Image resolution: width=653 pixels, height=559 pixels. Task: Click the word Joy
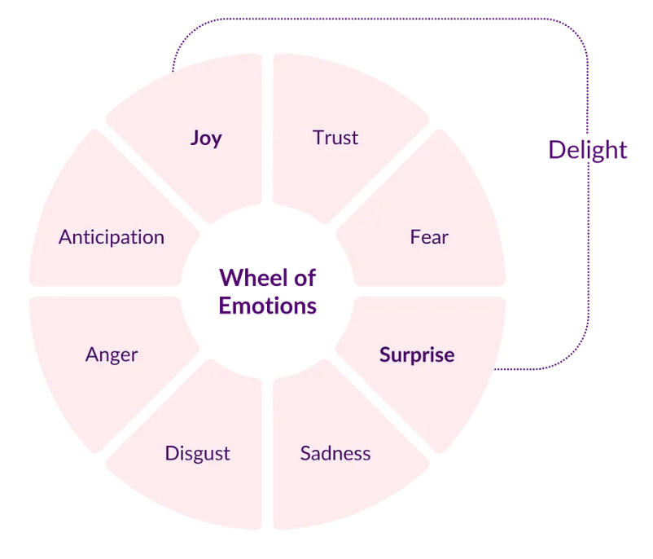(206, 138)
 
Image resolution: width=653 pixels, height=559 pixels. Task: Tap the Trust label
(335, 138)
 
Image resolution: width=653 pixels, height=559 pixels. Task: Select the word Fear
(429, 237)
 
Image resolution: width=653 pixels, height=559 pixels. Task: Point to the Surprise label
(417, 355)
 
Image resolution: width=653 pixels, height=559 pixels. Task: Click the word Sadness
(335, 453)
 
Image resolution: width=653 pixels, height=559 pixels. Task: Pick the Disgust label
(198, 453)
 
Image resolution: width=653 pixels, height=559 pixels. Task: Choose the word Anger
(112, 355)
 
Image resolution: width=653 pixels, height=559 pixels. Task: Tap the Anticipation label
(112, 237)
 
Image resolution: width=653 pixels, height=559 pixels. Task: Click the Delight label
(588, 150)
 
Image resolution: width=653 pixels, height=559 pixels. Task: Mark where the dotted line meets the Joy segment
(173, 71)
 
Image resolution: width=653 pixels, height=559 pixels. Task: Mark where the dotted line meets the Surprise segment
(495, 369)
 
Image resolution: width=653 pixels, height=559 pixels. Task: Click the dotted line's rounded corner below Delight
(574, 356)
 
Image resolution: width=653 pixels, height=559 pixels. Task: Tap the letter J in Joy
(195, 138)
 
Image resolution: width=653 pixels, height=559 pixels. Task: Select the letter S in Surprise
(384, 355)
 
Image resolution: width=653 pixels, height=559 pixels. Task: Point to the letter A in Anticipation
(64, 237)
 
